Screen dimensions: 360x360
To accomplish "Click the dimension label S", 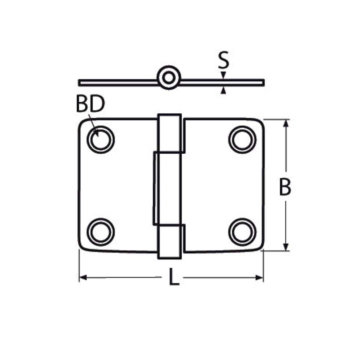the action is (223, 60).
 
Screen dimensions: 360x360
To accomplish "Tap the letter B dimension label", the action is (285, 187).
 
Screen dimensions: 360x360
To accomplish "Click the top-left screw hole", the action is (101, 139).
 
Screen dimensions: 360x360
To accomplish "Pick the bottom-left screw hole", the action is (101, 232).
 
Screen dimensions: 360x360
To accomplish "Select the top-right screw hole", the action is (242, 139).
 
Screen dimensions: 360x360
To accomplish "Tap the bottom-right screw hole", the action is (242, 232).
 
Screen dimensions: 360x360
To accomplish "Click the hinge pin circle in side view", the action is (169, 78).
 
